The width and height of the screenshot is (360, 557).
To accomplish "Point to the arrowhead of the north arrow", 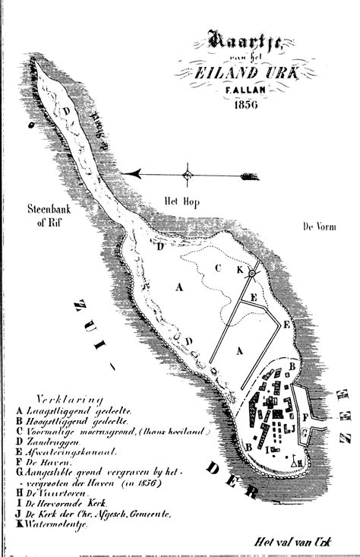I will click(x=132, y=174).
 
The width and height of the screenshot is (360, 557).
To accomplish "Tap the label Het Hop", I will click(x=182, y=201).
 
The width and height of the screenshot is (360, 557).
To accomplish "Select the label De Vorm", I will click(x=318, y=227).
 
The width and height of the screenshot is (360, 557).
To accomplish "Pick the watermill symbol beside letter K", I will click(x=252, y=272).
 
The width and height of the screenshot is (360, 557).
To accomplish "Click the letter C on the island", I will click(x=217, y=267).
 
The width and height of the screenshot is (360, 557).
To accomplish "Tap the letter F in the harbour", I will click(x=305, y=416).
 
